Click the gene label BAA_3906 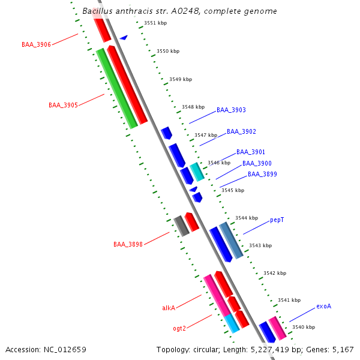click(36, 44)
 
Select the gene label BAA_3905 click(63, 105)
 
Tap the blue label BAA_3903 click(231, 110)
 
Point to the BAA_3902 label click(241, 131)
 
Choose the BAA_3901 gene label click(251, 152)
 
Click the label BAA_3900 click(257, 163)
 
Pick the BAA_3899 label click(262, 174)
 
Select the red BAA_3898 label click(128, 244)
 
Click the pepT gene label click(277, 220)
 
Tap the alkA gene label click(169, 308)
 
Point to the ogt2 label click(179, 328)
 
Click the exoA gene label click(324, 306)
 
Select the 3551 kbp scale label click(155, 23)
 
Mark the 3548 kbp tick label click(193, 107)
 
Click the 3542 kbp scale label click(275, 273)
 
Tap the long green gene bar click(117, 89)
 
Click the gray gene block click(181, 226)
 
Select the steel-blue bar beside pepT click(231, 241)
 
